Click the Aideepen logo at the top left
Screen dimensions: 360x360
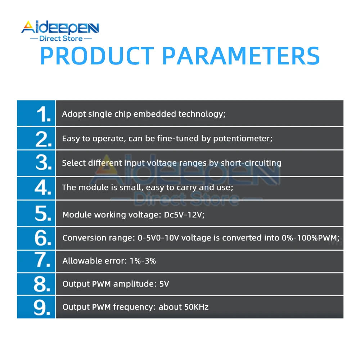pyautogui.click(x=60, y=28)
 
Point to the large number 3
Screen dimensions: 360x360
pyautogui.click(x=44, y=163)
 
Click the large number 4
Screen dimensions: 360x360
pyautogui.click(x=43, y=188)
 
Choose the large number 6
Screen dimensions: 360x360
pyautogui.click(x=43, y=238)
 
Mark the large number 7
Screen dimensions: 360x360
pyautogui.click(x=43, y=261)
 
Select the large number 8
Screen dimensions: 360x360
pyautogui.click(x=43, y=284)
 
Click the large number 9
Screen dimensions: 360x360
pyautogui.click(x=43, y=307)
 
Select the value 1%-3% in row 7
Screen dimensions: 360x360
pyautogui.click(x=143, y=261)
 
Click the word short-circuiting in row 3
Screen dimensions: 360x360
pyautogui.click(x=251, y=163)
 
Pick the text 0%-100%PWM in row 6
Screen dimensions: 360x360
pyautogui.click(x=310, y=238)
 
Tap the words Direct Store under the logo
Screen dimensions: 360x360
pyautogui.click(x=61, y=39)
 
